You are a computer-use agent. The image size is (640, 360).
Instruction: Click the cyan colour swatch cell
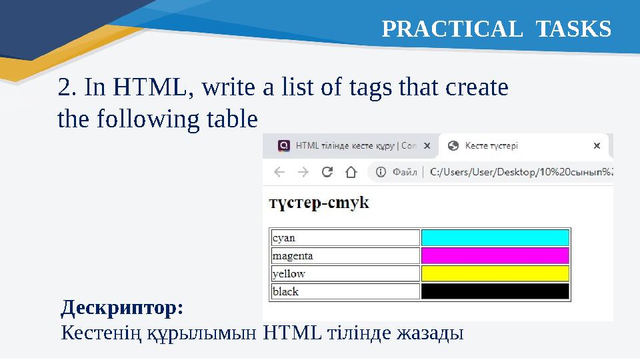[x=495, y=238]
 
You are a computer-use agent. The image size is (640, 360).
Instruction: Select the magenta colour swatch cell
[x=495, y=256]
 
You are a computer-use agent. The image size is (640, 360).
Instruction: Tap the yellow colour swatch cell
[x=495, y=273]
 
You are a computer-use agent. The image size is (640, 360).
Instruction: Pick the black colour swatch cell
[x=495, y=291]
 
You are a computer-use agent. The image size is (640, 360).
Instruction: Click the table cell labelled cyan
[x=345, y=238]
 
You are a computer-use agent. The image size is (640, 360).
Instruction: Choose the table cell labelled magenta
[x=345, y=256]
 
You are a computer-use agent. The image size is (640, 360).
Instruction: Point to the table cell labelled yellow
[x=345, y=273]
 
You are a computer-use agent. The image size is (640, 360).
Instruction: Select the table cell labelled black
[x=345, y=291]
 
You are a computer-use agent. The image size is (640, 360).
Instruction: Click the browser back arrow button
[x=279, y=172]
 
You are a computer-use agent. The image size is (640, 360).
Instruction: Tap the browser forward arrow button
[x=303, y=172]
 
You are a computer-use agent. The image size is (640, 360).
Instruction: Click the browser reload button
[x=327, y=172]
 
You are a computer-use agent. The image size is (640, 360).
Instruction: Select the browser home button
[x=351, y=172]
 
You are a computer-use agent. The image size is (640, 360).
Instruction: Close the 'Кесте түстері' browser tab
[x=597, y=145]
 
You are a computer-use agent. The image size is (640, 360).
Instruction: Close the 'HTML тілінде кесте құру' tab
[x=427, y=145]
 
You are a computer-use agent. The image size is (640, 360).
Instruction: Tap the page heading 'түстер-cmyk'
[x=319, y=203]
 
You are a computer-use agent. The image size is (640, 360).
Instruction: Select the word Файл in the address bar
[x=405, y=172]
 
